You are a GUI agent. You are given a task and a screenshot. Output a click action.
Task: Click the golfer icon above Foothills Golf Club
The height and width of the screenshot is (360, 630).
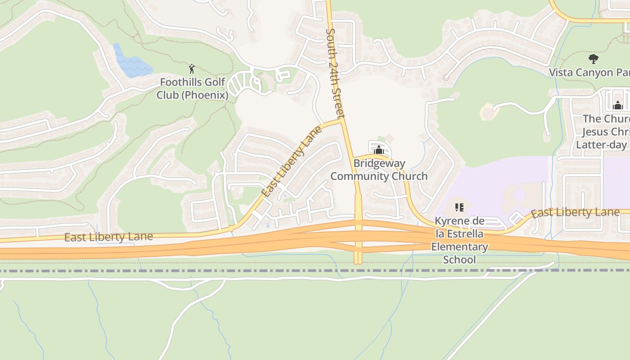pos(192,69)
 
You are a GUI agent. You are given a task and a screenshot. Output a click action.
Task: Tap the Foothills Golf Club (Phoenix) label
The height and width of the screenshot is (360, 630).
pos(193,89)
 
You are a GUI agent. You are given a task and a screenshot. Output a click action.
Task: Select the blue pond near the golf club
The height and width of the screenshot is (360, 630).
pos(131,63)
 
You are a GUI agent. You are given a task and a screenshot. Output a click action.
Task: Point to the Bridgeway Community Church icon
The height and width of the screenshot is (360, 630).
pos(379,150)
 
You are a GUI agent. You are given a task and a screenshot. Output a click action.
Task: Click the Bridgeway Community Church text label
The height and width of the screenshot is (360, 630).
pos(379,170)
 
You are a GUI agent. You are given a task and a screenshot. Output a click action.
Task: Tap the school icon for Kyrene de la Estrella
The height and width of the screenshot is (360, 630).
pos(459,207)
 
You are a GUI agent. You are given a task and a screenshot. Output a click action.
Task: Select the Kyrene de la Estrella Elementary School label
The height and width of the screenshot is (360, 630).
pos(459,240)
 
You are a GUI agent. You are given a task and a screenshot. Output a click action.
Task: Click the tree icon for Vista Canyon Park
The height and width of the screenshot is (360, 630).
pos(594,58)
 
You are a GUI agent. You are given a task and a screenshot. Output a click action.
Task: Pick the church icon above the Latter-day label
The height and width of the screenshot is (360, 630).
pos(618,105)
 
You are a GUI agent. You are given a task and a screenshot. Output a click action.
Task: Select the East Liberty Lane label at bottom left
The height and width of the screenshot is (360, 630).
pos(108,237)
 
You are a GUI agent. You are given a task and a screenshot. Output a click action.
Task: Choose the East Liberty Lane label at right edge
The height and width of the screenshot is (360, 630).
pos(575,212)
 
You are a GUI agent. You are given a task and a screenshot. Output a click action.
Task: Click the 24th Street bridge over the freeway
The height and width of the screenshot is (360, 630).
pos(358,238)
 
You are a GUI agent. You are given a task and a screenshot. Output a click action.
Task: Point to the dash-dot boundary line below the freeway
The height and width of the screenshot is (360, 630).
pos(270,271)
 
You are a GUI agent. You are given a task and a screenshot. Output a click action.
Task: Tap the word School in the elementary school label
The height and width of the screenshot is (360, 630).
pos(459,260)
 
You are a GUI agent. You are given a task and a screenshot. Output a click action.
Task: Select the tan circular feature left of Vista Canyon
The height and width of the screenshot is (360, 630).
pos(487,112)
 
